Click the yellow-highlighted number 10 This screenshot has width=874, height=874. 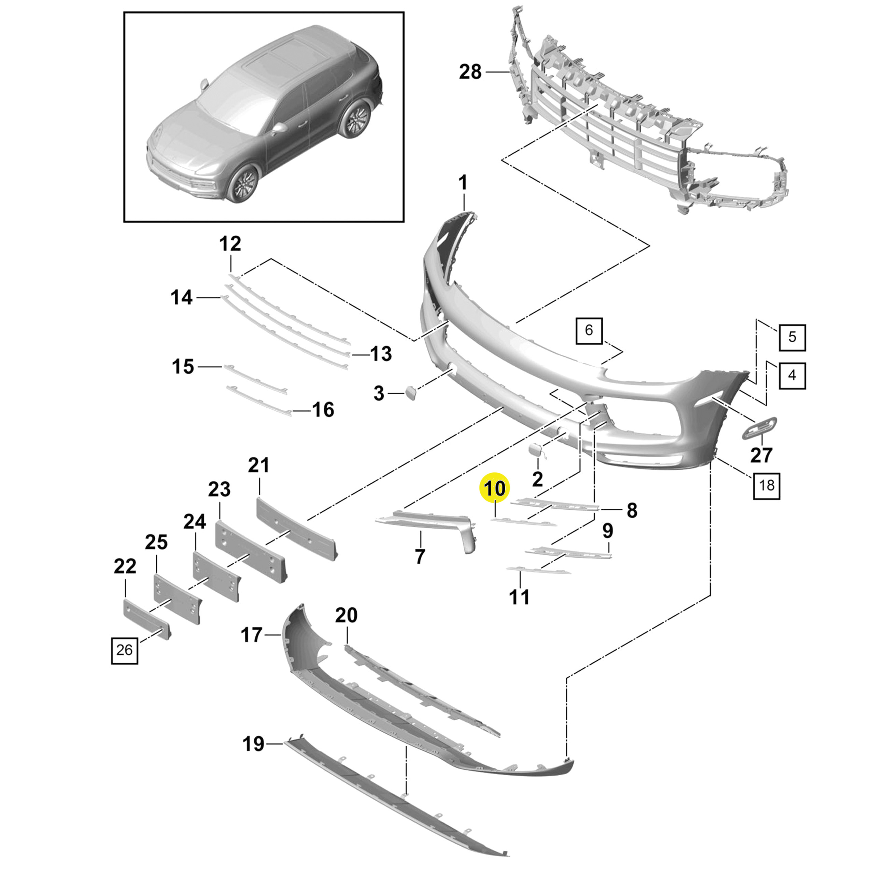pos(495,489)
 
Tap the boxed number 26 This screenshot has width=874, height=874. pos(124,650)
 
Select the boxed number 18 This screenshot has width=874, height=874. pos(766,485)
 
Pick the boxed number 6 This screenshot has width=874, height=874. pos(589,330)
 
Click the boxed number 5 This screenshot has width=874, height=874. pos(792,337)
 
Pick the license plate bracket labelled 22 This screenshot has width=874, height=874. pos(146,618)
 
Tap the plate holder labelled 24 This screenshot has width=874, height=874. pos(216,575)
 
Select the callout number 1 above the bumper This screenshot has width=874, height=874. pos(462,183)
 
